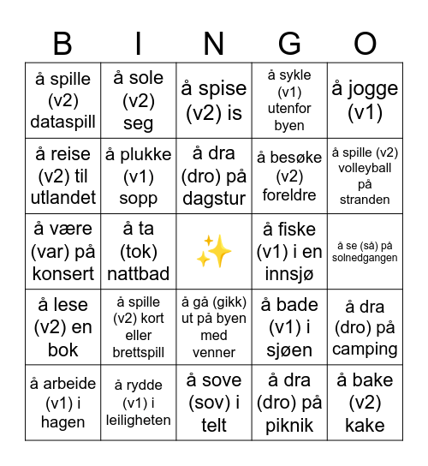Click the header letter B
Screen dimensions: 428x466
[x=62, y=43]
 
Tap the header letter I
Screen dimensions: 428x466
[x=138, y=43]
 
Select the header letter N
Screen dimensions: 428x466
[x=214, y=43]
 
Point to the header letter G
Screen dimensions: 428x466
[x=289, y=43]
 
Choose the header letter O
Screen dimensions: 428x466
[x=366, y=43]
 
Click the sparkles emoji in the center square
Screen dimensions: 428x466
[x=214, y=252]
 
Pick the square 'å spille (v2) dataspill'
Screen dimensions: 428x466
[x=62, y=100]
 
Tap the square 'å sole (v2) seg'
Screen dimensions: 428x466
[x=138, y=100]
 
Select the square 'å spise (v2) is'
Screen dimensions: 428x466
[x=214, y=100]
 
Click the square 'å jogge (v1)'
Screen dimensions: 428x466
[x=366, y=100]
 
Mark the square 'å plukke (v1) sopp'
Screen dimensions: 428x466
[x=138, y=176]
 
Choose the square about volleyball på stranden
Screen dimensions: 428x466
[x=366, y=176]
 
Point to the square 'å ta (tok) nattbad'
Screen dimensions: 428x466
[x=138, y=252]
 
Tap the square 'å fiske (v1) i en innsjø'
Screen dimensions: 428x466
[x=289, y=252]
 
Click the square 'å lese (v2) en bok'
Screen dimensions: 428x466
[x=62, y=327]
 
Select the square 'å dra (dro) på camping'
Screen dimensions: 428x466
[x=366, y=327]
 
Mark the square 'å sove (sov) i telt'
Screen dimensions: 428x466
[x=214, y=403]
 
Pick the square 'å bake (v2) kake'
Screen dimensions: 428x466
[x=366, y=403]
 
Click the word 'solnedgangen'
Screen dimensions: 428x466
[x=366, y=258]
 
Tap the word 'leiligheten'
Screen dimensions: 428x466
[x=138, y=421]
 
